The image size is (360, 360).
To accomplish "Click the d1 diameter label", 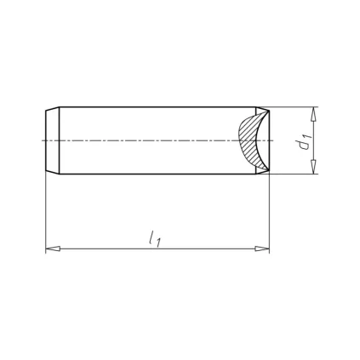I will (303, 142).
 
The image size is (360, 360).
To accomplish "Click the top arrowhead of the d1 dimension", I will (314, 113).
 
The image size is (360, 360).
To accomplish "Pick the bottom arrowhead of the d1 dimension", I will (314, 169).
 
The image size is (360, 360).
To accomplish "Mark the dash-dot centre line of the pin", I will (153, 140).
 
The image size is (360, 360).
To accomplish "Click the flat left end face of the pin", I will (44, 140).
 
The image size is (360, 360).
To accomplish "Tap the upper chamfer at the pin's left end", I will (51, 109).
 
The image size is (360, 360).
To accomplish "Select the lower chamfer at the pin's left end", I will (51, 173).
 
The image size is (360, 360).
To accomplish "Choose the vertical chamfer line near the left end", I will (59, 140).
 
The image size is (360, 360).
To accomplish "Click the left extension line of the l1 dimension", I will (44, 213).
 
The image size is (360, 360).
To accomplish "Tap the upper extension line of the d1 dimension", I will (294, 106).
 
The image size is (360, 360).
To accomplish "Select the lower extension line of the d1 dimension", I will (294, 175).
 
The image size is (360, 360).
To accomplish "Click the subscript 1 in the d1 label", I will (304, 135).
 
